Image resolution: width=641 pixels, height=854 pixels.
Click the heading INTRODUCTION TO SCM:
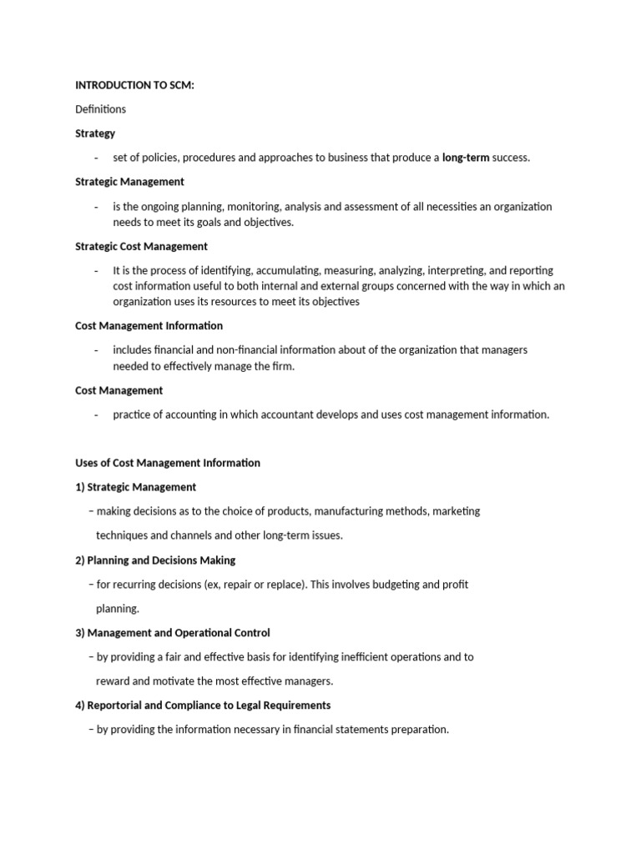coord(134,85)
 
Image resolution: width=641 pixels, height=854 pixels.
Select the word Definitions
coord(100,109)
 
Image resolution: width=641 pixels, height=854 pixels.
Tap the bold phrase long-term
coord(466,158)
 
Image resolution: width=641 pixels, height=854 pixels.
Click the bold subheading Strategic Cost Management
coord(141,247)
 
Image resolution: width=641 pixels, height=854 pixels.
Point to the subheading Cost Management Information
coord(149,326)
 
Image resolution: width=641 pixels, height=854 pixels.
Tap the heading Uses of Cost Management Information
coord(168,463)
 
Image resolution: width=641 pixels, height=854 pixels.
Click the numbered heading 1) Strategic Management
coord(135,487)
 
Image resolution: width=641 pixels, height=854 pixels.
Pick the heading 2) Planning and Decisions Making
coord(155,560)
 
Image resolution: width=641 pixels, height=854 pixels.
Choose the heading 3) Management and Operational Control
coord(172,633)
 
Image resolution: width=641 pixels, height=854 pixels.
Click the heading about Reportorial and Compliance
coord(203,706)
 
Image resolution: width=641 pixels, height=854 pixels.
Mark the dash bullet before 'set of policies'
coord(97,158)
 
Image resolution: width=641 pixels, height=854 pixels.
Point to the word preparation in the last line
coord(420,730)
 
